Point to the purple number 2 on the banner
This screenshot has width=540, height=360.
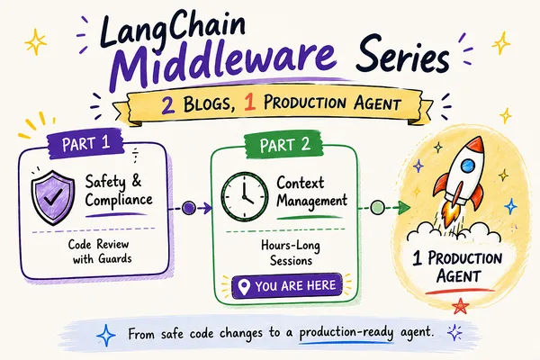click(x=168, y=104)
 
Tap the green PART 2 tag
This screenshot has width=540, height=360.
click(x=284, y=144)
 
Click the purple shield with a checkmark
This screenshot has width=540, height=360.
click(x=53, y=197)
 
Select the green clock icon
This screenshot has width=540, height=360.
click(x=244, y=197)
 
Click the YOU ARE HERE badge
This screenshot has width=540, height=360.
click(x=288, y=286)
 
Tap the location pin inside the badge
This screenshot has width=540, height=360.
click(x=244, y=287)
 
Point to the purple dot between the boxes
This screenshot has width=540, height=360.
click(x=189, y=208)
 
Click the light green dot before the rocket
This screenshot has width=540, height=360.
click(x=377, y=207)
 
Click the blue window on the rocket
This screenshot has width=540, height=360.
click(x=468, y=166)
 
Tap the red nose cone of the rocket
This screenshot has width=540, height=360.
click(x=475, y=144)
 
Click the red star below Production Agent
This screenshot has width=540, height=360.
click(x=460, y=306)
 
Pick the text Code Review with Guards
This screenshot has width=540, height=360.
click(x=100, y=251)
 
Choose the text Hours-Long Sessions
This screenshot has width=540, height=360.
click(x=291, y=253)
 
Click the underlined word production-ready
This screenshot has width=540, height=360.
click(x=346, y=333)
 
